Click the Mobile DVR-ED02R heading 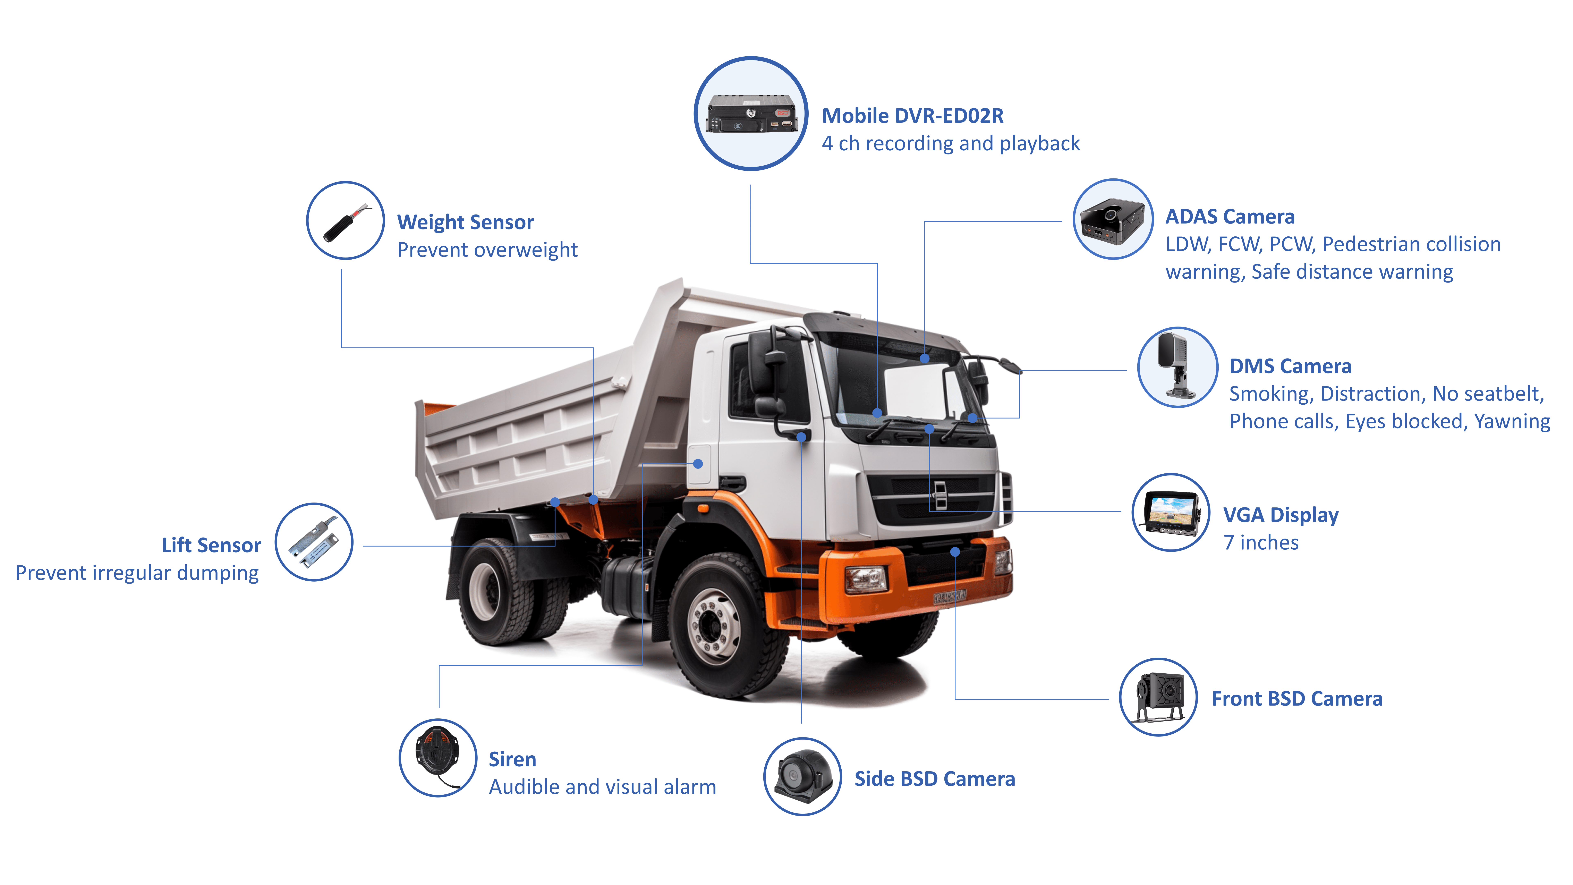point(912,115)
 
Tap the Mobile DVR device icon point(751,114)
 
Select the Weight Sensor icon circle point(346,220)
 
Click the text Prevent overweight point(487,250)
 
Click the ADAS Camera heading point(1230,217)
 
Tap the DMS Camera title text point(1290,366)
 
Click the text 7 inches point(1261,542)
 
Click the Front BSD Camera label point(1297,699)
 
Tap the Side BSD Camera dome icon point(802,776)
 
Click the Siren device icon point(438,757)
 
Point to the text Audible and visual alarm point(602,787)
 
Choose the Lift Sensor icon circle point(314,542)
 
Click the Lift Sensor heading point(211,545)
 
